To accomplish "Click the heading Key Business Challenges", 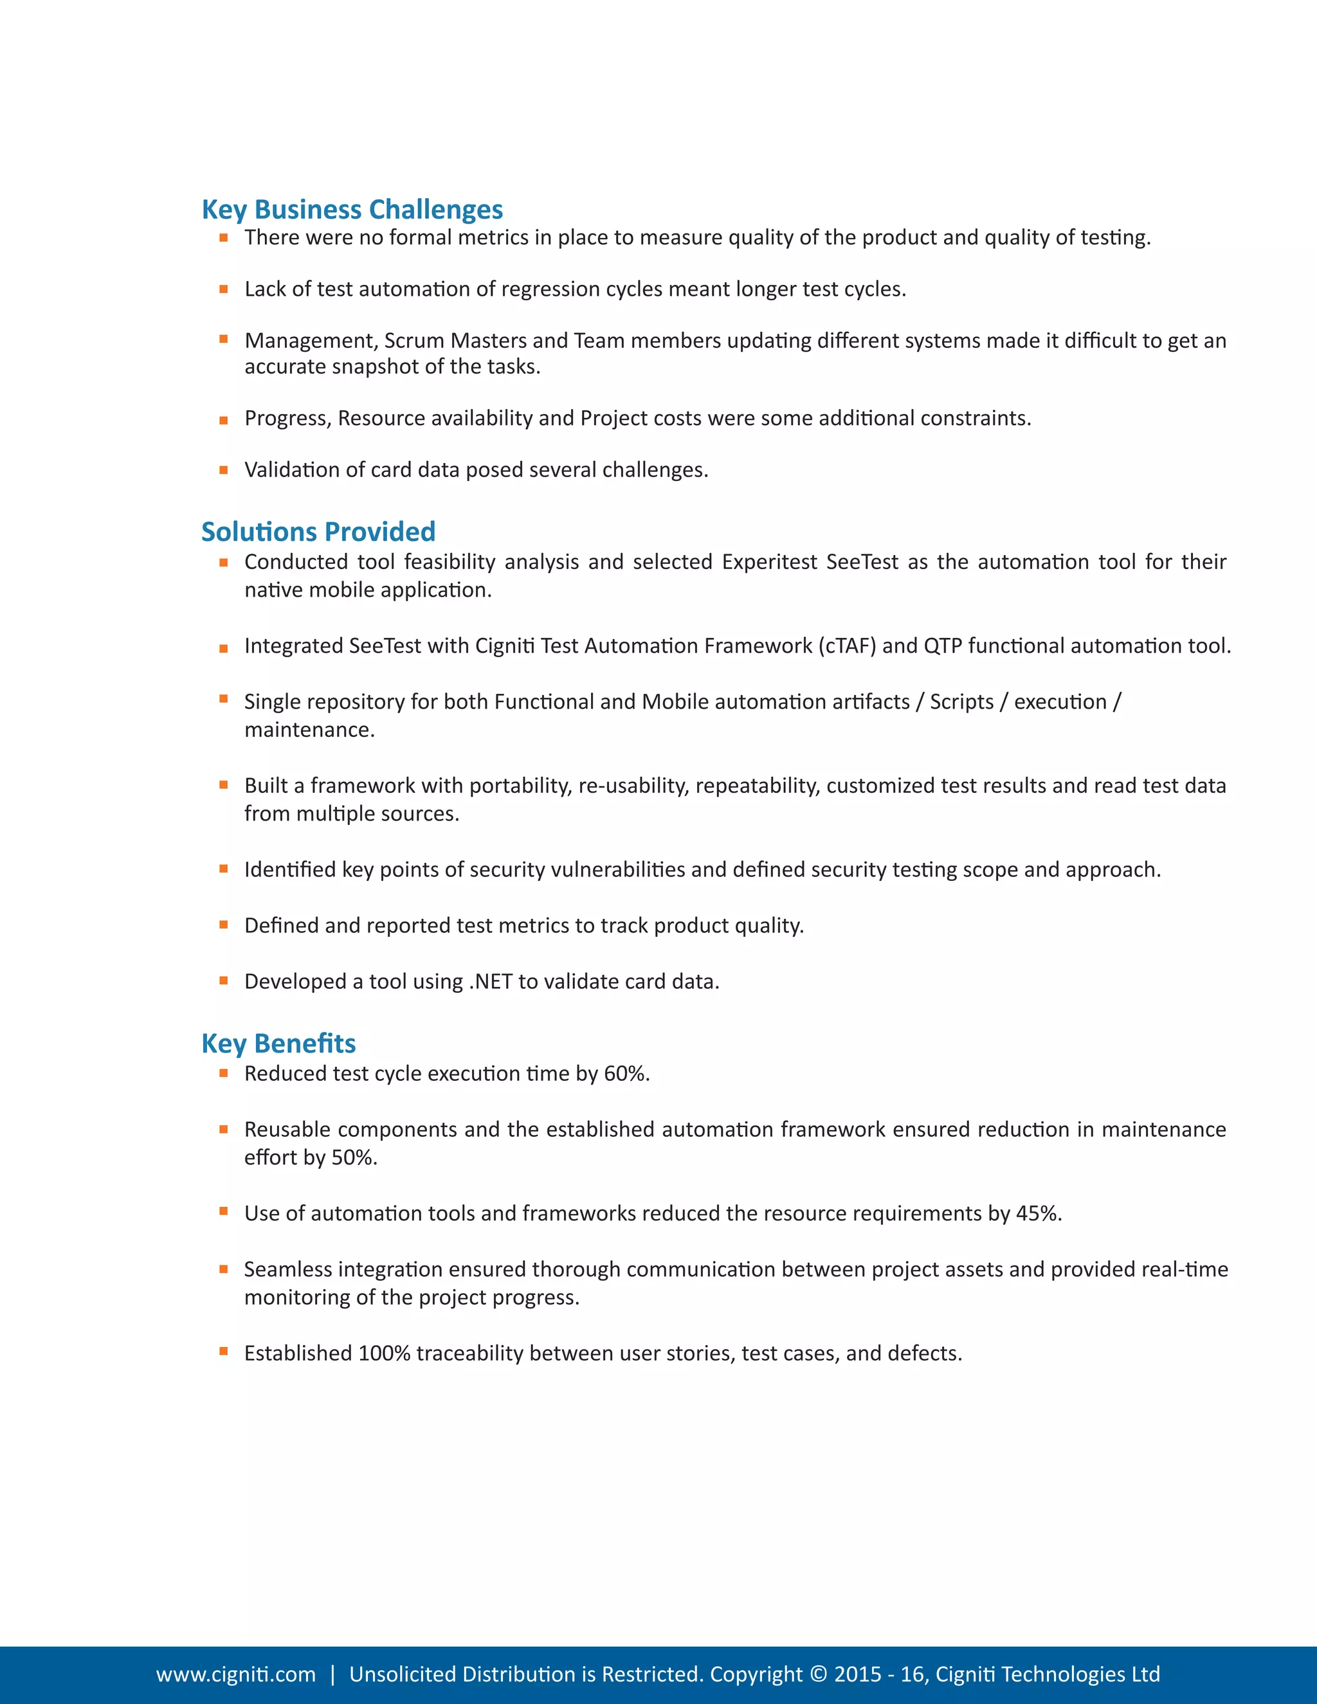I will pos(352,209).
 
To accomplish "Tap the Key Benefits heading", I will pos(278,1043).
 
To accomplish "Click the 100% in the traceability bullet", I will pos(384,1353).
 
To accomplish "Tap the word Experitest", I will pos(769,562).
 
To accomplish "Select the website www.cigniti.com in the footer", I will pos(235,1674).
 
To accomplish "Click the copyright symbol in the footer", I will pos(818,1674).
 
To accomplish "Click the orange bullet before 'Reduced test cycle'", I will pos(224,1074).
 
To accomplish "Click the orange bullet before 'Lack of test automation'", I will pos(224,289).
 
